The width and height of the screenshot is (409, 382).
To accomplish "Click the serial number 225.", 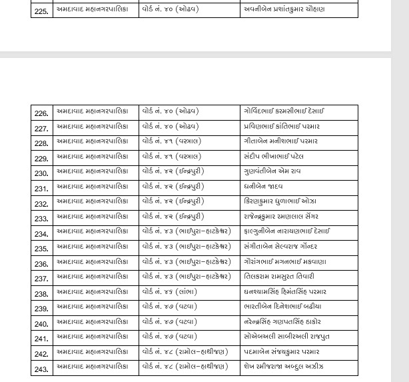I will pos(41,11).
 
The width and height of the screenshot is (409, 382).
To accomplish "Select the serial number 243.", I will pos(41,369).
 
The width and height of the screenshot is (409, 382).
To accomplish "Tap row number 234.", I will pos(41,234).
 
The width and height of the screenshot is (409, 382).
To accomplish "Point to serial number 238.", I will pos(41,294).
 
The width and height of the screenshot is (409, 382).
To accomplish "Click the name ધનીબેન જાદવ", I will pos(263,187).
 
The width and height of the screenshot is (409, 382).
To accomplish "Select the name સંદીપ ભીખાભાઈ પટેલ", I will pos(273,157).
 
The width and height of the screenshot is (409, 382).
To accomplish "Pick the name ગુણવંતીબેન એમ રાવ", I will pos(272,171).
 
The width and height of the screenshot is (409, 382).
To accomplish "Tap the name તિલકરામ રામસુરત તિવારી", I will pos(278,277).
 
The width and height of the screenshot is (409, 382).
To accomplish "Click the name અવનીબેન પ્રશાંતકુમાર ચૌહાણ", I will pos(284,9).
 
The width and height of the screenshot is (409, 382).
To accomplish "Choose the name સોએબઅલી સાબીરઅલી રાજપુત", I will pos(286,337).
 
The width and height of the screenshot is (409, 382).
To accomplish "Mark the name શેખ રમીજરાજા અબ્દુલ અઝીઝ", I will pos(283,367).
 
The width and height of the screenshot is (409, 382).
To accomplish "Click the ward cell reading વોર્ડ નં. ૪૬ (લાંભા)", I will pos(169,292).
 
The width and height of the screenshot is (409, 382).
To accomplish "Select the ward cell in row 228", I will pos(171,141).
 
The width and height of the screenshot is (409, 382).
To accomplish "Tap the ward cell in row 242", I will pos(185,352).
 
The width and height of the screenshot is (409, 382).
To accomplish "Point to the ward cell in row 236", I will pos(187,262).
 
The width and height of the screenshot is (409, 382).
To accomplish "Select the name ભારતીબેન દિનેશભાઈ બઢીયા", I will pos(282,307).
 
